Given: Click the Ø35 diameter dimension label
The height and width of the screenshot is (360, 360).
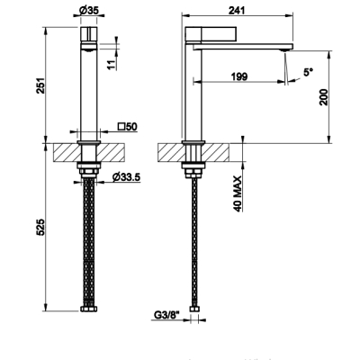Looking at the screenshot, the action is click(89, 11).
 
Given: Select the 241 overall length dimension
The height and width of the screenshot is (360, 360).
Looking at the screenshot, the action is click(237, 11).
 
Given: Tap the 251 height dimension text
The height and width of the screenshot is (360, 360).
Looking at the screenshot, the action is click(40, 85).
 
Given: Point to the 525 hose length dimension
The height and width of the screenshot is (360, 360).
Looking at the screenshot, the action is click(40, 227).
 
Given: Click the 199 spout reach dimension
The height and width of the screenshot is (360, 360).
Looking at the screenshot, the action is click(239, 76).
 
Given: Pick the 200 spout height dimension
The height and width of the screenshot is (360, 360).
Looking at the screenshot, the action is click(324, 97).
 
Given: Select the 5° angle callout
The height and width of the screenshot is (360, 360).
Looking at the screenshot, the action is click(308, 72).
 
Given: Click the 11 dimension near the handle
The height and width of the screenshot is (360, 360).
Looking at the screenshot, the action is click(112, 65).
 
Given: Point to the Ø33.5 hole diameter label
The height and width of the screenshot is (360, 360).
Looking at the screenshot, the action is click(126, 177).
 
